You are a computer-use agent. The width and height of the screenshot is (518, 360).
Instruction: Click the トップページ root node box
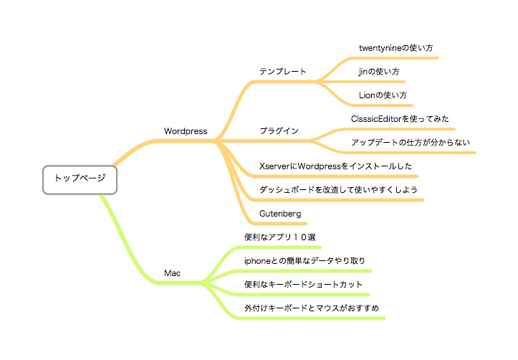[80, 179]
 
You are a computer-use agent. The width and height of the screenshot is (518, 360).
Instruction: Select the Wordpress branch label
[186, 131]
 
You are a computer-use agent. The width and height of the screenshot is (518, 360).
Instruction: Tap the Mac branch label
[173, 273]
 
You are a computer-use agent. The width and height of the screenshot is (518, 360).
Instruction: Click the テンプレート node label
[283, 72]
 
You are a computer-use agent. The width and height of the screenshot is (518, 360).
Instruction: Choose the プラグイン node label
[279, 131]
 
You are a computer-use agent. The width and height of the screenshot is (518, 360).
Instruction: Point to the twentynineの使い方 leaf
[395, 48]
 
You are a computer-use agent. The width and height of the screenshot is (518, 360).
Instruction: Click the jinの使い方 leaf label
[379, 72]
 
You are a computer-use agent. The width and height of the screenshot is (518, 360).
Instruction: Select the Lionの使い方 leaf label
[383, 95]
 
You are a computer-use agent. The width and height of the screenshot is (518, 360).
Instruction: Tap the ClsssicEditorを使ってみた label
[400, 119]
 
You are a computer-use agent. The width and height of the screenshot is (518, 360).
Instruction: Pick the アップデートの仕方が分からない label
[411, 143]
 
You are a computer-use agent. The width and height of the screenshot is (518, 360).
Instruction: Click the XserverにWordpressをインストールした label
[335, 166]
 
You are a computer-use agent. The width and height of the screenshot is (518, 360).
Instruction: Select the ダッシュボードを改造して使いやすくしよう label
[338, 190]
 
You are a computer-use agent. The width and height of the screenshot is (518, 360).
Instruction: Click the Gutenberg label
[280, 214]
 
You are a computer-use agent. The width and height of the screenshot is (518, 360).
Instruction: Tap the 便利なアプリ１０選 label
[280, 237]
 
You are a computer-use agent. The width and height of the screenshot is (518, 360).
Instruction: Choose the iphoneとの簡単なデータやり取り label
[304, 261]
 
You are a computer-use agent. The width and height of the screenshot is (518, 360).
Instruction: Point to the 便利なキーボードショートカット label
[303, 284]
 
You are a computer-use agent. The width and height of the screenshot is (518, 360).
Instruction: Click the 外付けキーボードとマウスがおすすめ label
[312, 308]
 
